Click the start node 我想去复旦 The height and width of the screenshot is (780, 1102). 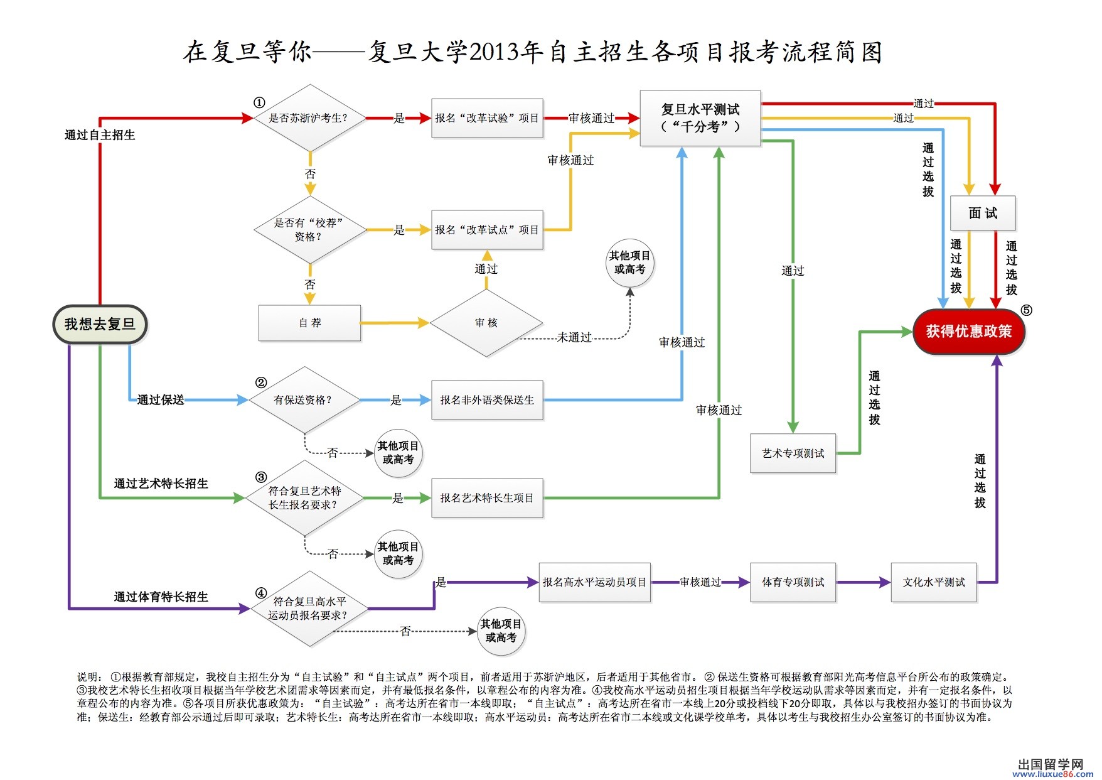[x=100, y=325]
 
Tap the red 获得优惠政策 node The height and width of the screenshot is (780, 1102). [x=968, y=332]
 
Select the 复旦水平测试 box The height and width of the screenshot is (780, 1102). [x=700, y=118]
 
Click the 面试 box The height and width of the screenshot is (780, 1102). [x=983, y=214]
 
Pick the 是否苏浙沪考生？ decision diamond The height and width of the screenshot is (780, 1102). [x=309, y=118]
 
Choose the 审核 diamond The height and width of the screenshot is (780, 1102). [x=486, y=323]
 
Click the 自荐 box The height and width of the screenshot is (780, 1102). [x=309, y=323]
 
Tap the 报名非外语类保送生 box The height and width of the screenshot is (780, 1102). [x=487, y=400]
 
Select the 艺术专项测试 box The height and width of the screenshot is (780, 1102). [x=793, y=453]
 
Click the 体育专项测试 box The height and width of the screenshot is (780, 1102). [x=793, y=583]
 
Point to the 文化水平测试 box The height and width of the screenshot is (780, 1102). [x=934, y=583]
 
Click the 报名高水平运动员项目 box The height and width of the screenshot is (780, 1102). [x=595, y=583]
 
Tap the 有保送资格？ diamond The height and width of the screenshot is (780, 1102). [x=304, y=400]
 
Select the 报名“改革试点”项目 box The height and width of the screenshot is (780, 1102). [x=487, y=230]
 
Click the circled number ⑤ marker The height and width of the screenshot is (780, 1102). [x=1026, y=310]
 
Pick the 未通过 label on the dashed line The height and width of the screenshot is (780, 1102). [x=574, y=338]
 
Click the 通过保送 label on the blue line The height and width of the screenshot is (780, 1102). [x=161, y=400]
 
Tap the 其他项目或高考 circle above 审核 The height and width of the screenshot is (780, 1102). [x=630, y=263]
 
